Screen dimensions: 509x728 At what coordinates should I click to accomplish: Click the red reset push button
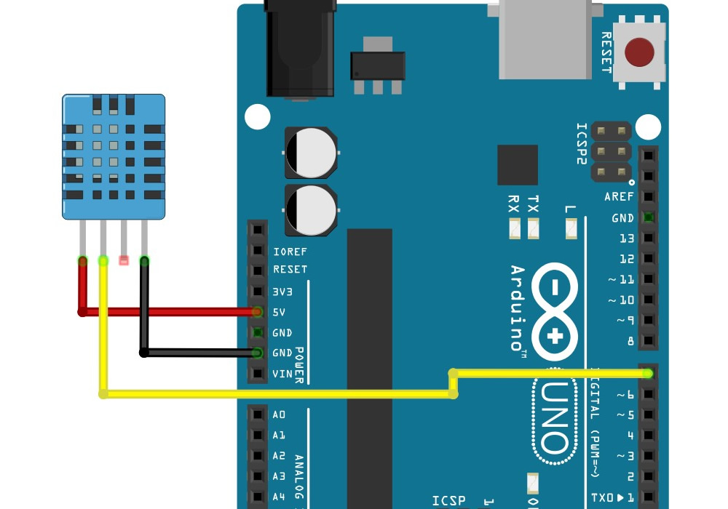coord(639,52)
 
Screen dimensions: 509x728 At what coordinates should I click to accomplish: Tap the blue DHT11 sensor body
coord(114,156)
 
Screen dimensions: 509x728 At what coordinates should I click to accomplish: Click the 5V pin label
coord(280,312)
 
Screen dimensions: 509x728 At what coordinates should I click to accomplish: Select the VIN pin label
coord(282,374)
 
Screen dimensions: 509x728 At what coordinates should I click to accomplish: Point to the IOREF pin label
coord(290,252)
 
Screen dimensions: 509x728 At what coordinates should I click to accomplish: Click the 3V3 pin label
coord(282,292)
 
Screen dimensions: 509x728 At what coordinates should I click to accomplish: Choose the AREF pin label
coord(619,197)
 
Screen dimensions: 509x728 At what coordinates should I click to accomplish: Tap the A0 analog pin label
coord(279,415)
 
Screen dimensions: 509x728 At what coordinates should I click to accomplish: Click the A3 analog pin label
coord(279,476)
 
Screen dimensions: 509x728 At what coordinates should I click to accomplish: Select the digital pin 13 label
coord(626,239)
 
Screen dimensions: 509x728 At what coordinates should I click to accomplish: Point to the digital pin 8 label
coord(630,340)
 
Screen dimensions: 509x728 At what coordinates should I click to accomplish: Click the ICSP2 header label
coord(581,143)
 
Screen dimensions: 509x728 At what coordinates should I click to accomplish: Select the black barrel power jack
coord(301,48)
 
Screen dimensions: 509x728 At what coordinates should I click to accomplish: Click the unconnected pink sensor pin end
coord(124,260)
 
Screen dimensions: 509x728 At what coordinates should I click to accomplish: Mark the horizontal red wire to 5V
coord(168,312)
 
